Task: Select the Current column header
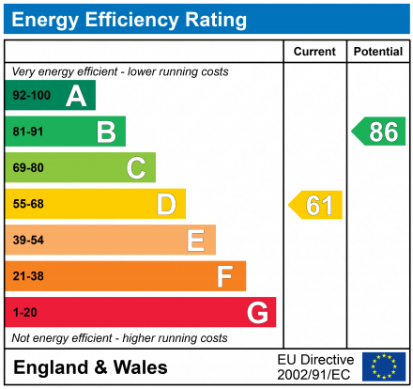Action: (314, 52)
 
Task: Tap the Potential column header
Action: (378, 52)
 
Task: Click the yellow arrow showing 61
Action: (316, 205)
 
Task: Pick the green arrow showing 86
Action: (379, 132)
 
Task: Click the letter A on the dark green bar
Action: (76, 96)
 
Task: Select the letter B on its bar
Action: (106, 132)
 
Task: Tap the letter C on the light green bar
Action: (136, 168)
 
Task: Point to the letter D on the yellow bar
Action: (166, 204)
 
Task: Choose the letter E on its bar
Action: (195, 241)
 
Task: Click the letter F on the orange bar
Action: (225, 276)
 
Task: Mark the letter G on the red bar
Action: (256, 312)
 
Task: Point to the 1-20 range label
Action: (24, 312)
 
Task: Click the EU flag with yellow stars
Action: (384, 366)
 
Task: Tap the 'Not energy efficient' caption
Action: (119, 337)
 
